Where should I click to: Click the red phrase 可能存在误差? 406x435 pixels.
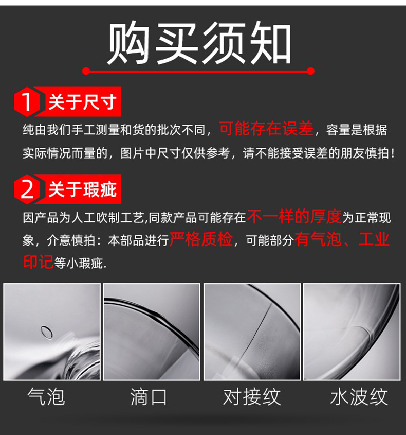266,129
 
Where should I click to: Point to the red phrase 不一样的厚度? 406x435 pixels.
294,217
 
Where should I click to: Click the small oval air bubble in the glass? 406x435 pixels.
47,331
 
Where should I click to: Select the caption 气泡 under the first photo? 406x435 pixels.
47,397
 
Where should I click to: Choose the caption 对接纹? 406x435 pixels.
252,397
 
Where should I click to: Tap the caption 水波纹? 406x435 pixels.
359,397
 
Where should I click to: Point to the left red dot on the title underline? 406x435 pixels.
86,71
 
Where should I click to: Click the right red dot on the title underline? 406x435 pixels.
311,71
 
